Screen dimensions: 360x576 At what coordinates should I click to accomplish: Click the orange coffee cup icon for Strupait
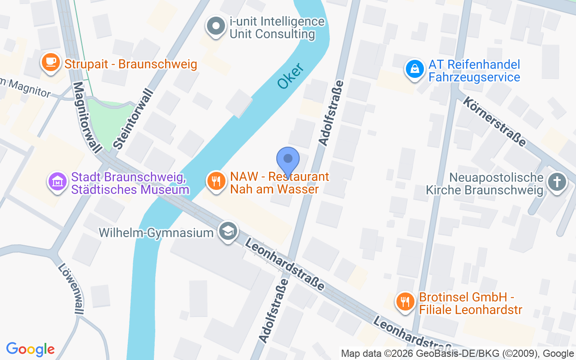coord(51,63)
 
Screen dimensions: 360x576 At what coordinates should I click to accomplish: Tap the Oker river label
coord(290,76)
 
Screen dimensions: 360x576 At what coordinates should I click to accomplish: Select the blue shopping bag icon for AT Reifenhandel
coord(414,69)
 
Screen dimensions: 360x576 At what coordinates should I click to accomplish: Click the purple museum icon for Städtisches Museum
coord(58,182)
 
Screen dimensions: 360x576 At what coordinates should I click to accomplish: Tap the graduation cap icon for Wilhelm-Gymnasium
coord(228,232)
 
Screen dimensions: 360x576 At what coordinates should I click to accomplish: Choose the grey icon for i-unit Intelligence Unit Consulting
coord(216,27)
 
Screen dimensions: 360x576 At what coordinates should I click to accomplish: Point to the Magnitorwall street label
coord(87,117)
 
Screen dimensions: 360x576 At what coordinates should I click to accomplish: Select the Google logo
coord(31,349)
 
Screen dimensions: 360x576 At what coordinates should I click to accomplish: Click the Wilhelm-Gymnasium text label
coord(156,233)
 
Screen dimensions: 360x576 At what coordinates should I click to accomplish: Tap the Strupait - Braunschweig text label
coord(131,64)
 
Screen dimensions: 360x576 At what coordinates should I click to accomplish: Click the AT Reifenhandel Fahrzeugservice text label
coord(474,71)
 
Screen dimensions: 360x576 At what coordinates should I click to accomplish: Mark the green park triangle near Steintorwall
coord(109,121)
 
